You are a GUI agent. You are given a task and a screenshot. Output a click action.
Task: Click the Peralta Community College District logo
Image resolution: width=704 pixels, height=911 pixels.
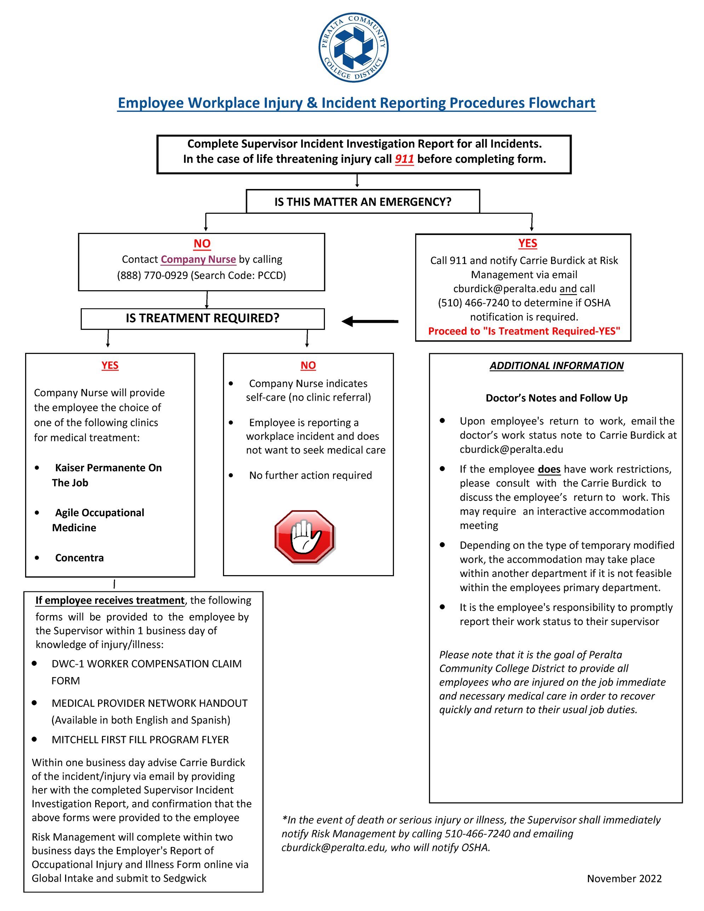coord(353,47)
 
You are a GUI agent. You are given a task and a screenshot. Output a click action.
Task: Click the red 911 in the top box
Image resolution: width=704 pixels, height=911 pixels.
coord(404,159)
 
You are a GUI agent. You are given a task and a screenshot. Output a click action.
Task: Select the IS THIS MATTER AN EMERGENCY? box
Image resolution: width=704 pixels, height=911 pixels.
coord(362,202)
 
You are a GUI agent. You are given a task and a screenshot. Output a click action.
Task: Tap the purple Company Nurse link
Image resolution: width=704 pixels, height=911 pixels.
coord(198,259)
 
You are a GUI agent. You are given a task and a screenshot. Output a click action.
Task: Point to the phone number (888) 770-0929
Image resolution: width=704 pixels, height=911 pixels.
coord(152,275)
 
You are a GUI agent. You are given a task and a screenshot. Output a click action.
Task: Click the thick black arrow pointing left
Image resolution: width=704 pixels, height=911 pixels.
coord(370,321)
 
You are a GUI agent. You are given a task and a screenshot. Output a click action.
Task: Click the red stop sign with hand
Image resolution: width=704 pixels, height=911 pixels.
coord(305,537)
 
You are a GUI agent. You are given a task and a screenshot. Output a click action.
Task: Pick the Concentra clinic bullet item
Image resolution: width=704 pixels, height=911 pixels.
coord(79,558)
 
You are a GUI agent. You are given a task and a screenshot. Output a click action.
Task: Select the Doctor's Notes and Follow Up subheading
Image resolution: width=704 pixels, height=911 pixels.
coord(556,398)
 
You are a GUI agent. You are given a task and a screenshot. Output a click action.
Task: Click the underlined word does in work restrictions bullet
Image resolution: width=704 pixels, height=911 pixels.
coord(549,469)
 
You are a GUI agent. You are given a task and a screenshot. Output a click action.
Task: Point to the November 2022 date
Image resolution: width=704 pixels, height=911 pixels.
coord(624,878)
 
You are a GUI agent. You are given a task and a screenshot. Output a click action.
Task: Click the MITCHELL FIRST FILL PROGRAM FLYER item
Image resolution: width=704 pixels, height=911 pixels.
coord(140,740)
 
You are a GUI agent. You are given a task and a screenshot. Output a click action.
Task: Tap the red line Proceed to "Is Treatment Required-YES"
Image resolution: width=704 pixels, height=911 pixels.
coord(524,331)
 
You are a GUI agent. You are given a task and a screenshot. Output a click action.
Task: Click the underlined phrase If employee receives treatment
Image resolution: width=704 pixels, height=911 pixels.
coord(110,600)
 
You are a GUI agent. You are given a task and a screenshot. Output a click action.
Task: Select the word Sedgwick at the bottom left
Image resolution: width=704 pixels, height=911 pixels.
coord(184,878)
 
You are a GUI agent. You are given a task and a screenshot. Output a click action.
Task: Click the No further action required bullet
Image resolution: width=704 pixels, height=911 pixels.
coord(310,476)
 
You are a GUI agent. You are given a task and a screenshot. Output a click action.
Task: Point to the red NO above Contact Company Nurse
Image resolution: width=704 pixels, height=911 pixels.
coord(202,243)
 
